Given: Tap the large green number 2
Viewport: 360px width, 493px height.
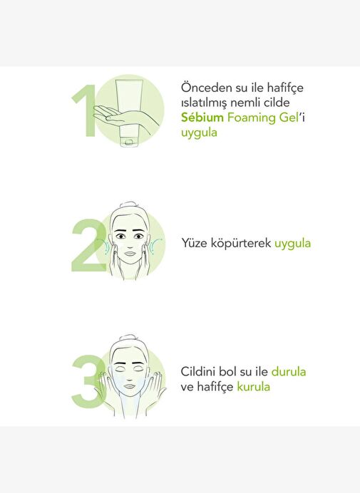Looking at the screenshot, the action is tap(89, 245).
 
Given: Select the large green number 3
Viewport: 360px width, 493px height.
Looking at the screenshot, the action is tap(88, 381).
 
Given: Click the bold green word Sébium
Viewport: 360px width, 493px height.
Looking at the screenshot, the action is tap(202, 118).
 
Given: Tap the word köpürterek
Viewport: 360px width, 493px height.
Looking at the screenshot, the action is tap(241, 244).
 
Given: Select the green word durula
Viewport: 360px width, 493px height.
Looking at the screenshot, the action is tap(289, 372).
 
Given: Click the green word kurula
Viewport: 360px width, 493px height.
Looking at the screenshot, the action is tap(253, 386).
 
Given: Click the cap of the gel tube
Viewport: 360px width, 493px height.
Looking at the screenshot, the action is tap(129, 142).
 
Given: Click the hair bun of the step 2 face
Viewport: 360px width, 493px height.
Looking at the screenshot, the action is tap(129, 204).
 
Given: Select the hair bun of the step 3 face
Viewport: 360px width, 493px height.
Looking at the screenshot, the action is tap(128, 338).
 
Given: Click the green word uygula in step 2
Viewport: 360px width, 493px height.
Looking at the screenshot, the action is tap(292, 244).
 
